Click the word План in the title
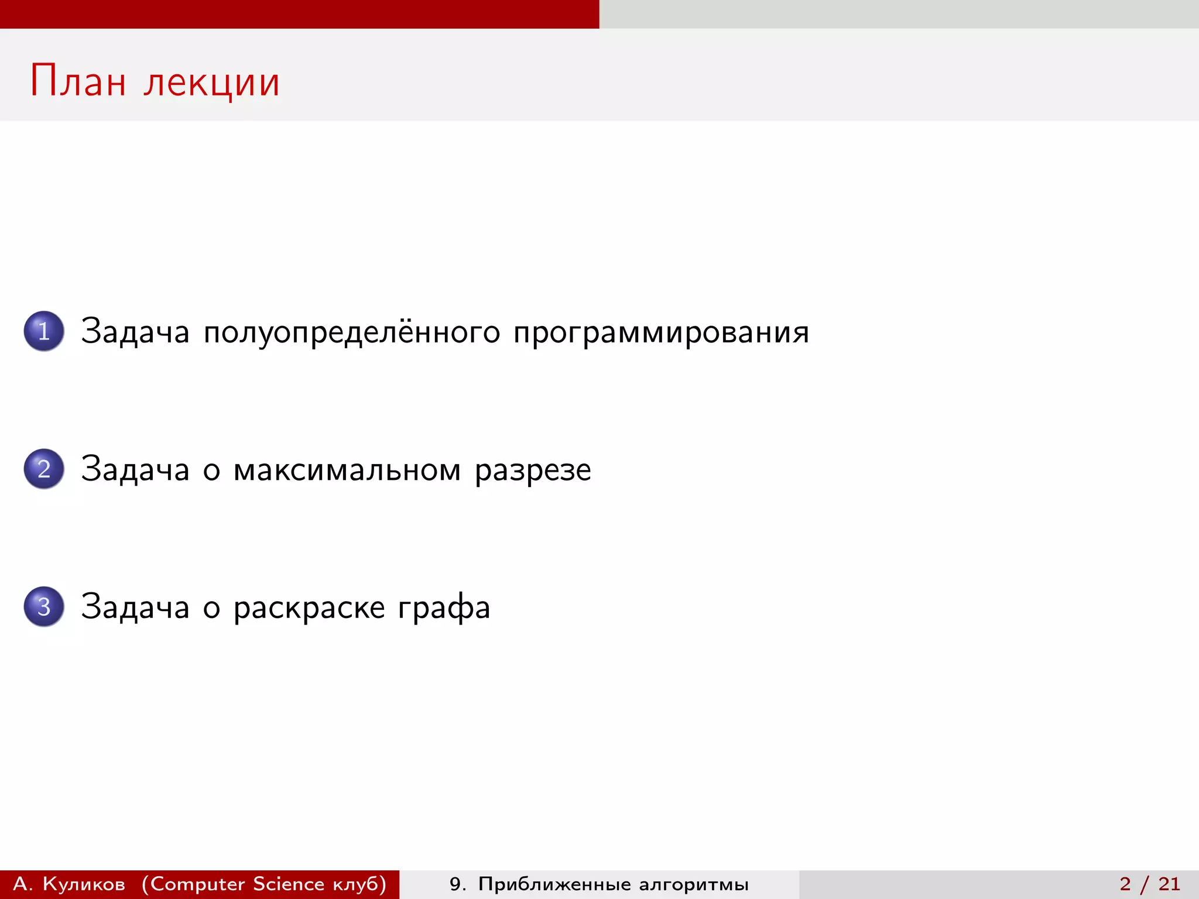[x=78, y=81]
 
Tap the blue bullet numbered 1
[x=44, y=331]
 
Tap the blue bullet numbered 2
[x=44, y=469]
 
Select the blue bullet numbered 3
[x=44, y=606]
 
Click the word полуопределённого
[x=352, y=332]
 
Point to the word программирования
[x=661, y=332]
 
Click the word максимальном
[x=347, y=470]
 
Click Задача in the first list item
[x=135, y=332]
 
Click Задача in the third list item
[x=135, y=607]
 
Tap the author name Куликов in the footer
[x=84, y=884]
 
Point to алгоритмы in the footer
[x=694, y=884]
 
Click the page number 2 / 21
[x=1149, y=884]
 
